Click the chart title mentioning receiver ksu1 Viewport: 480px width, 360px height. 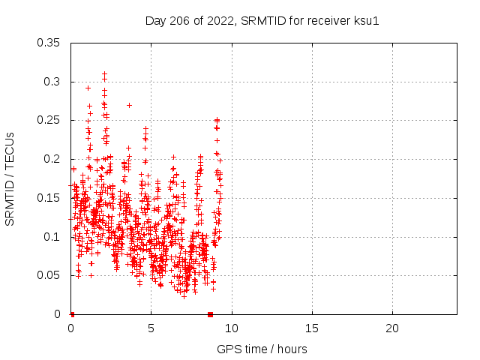point(262,21)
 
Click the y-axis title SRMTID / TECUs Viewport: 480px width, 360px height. point(10,178)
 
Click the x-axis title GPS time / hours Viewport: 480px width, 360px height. point(262,349)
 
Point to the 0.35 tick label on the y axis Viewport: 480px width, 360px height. point(49,43)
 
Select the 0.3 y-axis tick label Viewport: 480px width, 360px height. point(52,82)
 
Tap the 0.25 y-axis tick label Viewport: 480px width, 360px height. point(49,121)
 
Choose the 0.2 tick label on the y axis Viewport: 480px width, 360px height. point(52,159)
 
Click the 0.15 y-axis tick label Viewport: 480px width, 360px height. point(49,198)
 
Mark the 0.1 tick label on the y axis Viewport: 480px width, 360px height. point(52,237)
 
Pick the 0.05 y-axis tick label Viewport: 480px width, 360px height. point(49,275)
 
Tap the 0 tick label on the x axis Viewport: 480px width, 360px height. point(70,328)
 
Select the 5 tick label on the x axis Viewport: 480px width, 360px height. point(151,328)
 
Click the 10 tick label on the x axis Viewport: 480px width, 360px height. point(231,328)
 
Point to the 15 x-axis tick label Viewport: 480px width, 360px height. point(311,328)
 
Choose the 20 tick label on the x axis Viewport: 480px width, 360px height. point(391,328)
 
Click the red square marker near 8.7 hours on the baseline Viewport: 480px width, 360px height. point(211,314)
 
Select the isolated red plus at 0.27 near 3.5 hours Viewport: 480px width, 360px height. point(129,105)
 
